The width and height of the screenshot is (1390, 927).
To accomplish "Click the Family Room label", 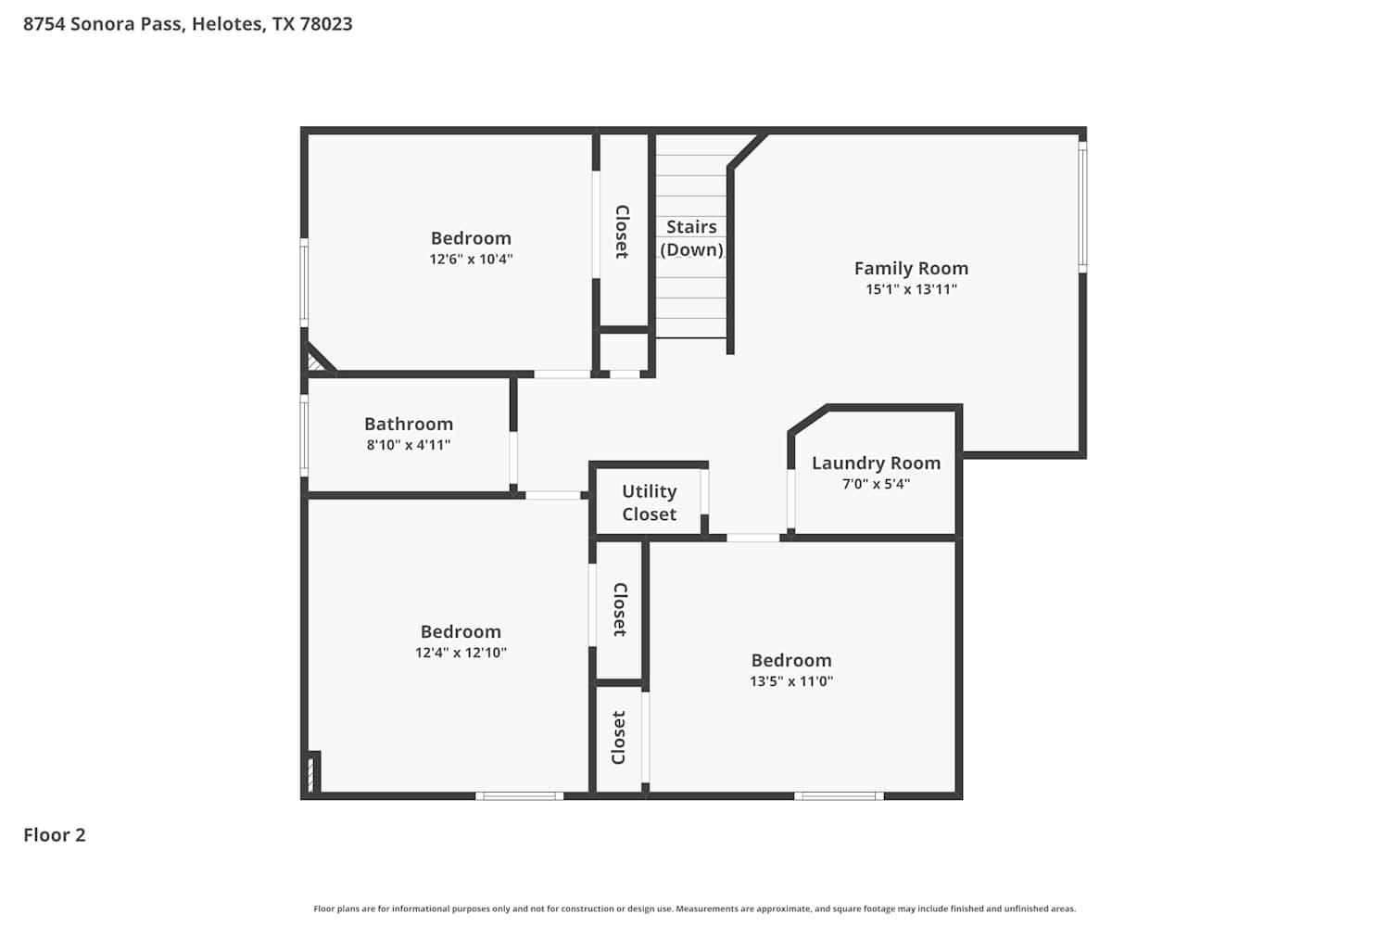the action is pyautogui.click(x=911, y=268).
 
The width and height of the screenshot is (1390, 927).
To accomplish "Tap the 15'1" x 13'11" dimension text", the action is pyautogui.click(x=911, y=288).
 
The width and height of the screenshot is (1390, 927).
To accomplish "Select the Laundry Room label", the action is pyautogui.click(x=876, y=463).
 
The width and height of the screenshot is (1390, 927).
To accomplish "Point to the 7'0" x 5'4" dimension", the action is pyautogui.click(x=876, y=484).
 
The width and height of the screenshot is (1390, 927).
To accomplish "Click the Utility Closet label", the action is pyautogui.click(x=649, y=503).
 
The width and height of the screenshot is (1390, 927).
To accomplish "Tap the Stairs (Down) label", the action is pyautogui.click(x=691, y=238).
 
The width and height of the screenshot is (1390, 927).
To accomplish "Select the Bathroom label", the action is pyautogui.click(x=409, y=424).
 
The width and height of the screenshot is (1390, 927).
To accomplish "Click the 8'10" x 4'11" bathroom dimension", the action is pyautogui.click(x=409, y=445).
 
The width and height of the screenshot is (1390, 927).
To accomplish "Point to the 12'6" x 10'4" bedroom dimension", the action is pyautogui.click(x=471, y=259).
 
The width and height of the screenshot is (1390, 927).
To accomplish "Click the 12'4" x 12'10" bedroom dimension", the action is pyautogui.click(x=461, y=653).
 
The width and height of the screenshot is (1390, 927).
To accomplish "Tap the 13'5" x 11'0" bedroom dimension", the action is pyautogui.click(x=791, y=681).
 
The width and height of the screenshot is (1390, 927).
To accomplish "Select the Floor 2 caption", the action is pyautogui.click(x=55, y=835).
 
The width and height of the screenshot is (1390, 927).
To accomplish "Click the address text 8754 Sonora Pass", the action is pyautogui.click(x=103, y=23).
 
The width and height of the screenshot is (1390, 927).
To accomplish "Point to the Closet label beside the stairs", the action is pyautogui.click(x=622, y=232).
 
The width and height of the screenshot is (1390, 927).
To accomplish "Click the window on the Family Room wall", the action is pyautogui.click(x=1082, y=207).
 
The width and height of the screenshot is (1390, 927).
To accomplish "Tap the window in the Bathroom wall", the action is pyautogui.click(x=304, y=436).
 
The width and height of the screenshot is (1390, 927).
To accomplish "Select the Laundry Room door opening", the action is pyautogui.click(x=791, y=500).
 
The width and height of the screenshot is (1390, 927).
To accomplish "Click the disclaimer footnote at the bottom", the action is pyautogui.click(x=694, y=908).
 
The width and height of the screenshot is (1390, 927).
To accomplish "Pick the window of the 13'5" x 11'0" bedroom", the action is pyautogui.click(x=839, y=796).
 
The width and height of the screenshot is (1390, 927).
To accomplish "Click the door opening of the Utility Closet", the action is pyautogui.click(x=705, y=491).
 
